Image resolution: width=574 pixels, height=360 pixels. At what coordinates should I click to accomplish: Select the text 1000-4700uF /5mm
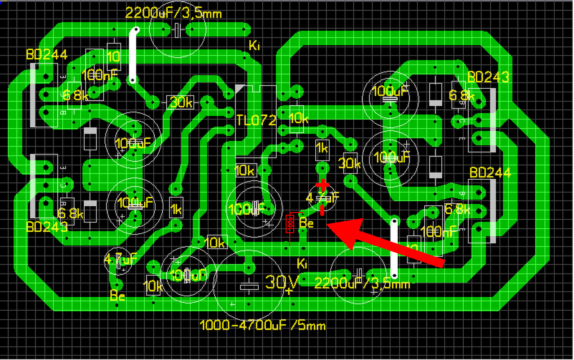click(x=262, y=325)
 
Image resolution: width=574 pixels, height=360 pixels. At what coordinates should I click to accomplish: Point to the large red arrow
click(x=386, y=242)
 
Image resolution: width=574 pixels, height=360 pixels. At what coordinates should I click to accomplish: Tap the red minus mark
click(x=322, y=209)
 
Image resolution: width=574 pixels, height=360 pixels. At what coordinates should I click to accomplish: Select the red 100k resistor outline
click(x=291, y=223)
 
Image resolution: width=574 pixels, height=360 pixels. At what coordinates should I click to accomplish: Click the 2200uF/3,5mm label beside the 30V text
click(x=362, y=283)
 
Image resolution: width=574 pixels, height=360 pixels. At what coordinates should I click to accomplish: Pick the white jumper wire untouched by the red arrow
click(x=133, y=56)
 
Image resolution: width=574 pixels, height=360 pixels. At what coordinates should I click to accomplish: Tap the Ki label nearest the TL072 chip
click(x=254, y=45)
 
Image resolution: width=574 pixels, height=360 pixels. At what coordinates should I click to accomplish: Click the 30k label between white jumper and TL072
click(x=181, y=103)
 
